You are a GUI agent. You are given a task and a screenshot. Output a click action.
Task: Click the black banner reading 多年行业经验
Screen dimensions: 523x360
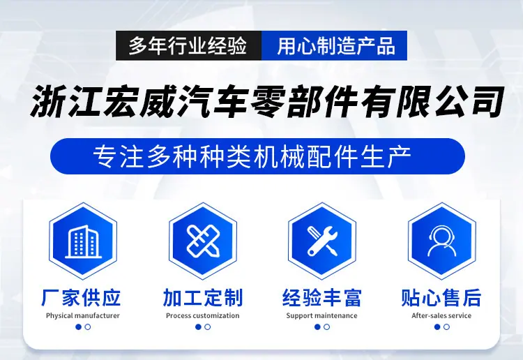point(189,46)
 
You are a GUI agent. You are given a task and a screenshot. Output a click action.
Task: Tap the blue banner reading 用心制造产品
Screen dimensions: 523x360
point(335,46)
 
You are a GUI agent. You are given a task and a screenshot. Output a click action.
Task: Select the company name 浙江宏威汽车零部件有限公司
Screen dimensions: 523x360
point(267,102)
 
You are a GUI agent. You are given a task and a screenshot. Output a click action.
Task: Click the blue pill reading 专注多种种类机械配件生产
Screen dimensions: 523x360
point(257,156)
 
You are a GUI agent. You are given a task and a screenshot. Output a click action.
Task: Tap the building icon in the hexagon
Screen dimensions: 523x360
point(83,241)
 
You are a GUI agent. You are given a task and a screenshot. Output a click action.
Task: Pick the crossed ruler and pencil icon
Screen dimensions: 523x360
point(203,241)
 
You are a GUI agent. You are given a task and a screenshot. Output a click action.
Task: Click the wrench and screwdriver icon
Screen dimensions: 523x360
point(322,241)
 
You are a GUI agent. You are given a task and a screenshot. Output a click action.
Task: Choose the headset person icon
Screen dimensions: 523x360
point(442,241)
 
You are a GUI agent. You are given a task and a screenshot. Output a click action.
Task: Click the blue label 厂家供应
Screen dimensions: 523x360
point(81,298)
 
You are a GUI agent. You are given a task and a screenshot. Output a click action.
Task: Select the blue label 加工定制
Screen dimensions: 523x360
point(203,298)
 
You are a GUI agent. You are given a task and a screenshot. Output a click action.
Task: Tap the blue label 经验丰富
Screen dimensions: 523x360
point(322,298)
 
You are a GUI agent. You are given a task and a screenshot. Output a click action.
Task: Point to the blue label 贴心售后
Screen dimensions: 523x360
point(441,298)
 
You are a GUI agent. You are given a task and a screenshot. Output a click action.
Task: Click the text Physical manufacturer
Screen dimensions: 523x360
point(83,315)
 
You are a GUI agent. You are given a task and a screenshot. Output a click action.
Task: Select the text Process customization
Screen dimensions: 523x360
point(203,315)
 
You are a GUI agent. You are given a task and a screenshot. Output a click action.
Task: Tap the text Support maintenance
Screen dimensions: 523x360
point(322,315)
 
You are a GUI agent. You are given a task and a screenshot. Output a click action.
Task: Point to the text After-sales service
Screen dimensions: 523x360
point(441,315)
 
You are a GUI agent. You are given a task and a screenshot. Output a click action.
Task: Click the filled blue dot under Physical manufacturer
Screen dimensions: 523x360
point(79,327)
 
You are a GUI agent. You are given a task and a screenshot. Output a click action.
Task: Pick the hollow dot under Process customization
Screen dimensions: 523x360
point(208,327)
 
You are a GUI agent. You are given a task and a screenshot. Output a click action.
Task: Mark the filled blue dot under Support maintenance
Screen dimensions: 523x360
point(317,327)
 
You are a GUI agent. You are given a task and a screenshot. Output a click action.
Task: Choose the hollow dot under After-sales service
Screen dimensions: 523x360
point(446,327)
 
